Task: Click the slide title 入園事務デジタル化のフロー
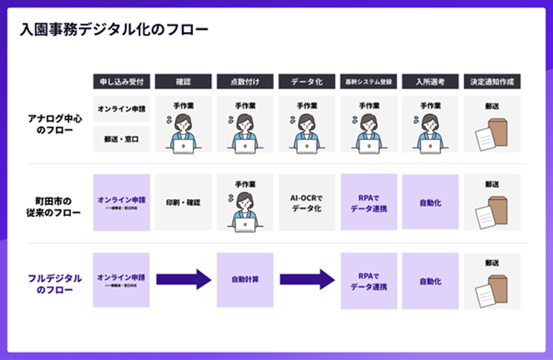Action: (x=114, y=30)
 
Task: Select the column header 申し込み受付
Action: (x=121, y=82)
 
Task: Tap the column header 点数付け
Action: (x=245, y=82)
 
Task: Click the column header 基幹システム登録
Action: (x=369, y=82)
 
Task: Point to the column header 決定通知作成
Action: (x=492, y=82)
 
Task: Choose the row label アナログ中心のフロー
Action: (x=55, y=124)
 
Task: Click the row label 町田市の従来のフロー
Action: (x=55, y=207)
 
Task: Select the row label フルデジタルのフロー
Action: (x=55, y=284)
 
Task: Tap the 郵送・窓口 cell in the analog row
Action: (x=121, y=139)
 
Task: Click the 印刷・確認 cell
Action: (x=183, y=202)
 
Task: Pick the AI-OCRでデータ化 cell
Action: (x=307, y=202)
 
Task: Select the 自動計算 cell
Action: (x=245, y=280)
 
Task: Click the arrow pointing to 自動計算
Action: (x=183, y=280)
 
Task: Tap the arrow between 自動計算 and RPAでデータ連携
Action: (x=307, y=280)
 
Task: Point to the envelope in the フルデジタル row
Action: (x=492, y=290)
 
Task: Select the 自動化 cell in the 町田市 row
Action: (x=430, y=202)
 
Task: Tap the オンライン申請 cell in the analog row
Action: (x=121, y=109)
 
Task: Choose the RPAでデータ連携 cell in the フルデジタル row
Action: (x=369, y=281)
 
